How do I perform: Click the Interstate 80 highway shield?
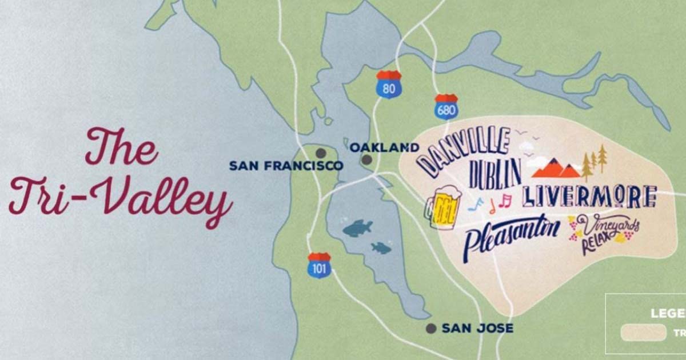[389, 84]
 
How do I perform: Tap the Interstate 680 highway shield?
[446, 106]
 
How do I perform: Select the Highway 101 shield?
[319, 265]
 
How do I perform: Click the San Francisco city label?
[286, 166]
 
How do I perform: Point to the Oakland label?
[384, 147]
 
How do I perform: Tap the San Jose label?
[477, 329]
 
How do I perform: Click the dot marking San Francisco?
[321, 153]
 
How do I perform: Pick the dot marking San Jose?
[431, 329]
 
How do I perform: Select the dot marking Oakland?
[366, 161]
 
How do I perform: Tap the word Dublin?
[494, 173]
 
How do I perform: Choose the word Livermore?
[589, 196]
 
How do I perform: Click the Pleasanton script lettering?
[511, 234]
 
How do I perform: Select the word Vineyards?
[609, 225]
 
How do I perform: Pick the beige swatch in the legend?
[643, 333]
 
